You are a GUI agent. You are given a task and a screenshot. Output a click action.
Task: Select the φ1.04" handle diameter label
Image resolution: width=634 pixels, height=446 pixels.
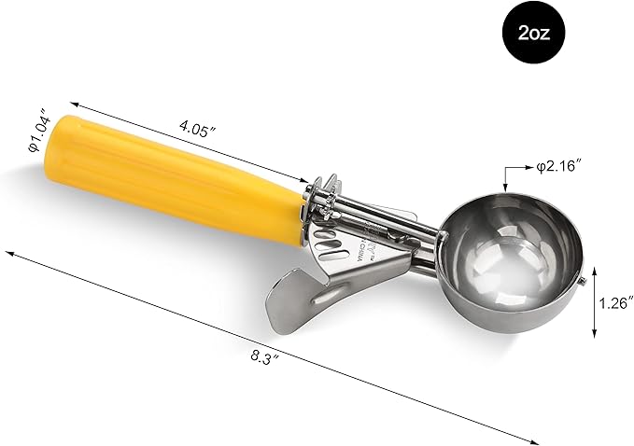click(38, 131)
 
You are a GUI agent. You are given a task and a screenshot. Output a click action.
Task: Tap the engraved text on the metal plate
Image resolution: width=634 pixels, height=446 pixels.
click(370, 244)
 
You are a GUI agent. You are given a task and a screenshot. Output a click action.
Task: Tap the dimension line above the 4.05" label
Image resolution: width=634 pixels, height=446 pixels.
click(187, 140)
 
